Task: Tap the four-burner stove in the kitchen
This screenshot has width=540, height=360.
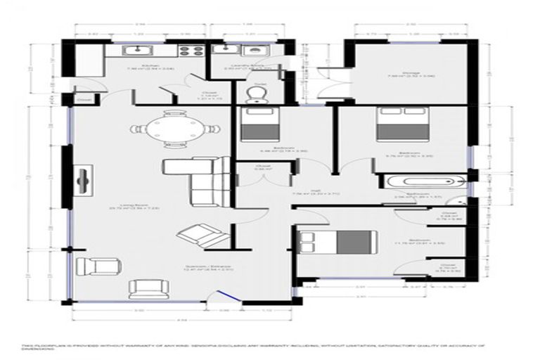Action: tap(189, 51)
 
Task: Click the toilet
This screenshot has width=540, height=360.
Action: tap(255, 94)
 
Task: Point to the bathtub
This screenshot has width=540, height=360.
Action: tap(422, 184)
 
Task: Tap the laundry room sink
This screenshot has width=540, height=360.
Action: tap(235, 51)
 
